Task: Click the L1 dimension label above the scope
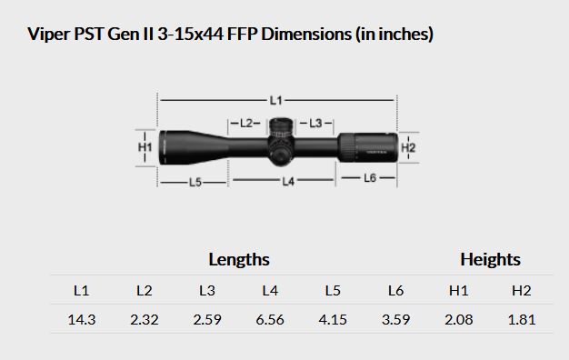click(x=275, y=100)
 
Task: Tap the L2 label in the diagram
click(x=246, y=124)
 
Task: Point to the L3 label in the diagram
click(x=315, y=124)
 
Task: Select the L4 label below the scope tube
click(x=288, y=181)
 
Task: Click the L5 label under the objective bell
click(x=195, y=182)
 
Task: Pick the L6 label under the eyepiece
click(x=370, y=178)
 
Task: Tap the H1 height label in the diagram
click(x=145, y=147)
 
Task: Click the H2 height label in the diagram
click(x=408, y=147)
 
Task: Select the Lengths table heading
click(x=239, y=259)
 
